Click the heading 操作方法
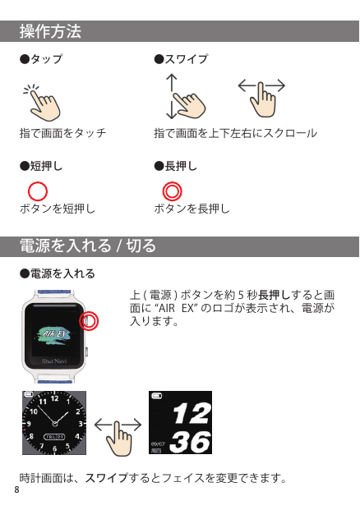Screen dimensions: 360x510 tap(50, 31)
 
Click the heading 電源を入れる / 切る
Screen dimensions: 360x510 tap(88, 246)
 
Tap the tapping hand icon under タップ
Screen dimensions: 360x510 tap(43, 103)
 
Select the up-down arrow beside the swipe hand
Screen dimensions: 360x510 tap(171, 97)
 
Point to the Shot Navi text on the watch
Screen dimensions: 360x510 tap(54, 361)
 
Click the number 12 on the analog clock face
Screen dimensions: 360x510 tap(55, 398)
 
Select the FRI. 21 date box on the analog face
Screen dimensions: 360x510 tap(54, 437)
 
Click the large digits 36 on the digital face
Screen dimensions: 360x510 tap(190, 442)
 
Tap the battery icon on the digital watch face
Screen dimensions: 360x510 tap(156, 396)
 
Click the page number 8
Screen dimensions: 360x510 tap(17, 489)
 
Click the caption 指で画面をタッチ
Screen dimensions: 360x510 tap(62, 133)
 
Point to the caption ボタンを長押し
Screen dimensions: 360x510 tap(192, 209)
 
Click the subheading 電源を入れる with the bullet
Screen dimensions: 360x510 tap(58, 273)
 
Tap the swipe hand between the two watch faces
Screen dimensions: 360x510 tap(118, 437)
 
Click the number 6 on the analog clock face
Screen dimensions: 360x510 tap(54, 449)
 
